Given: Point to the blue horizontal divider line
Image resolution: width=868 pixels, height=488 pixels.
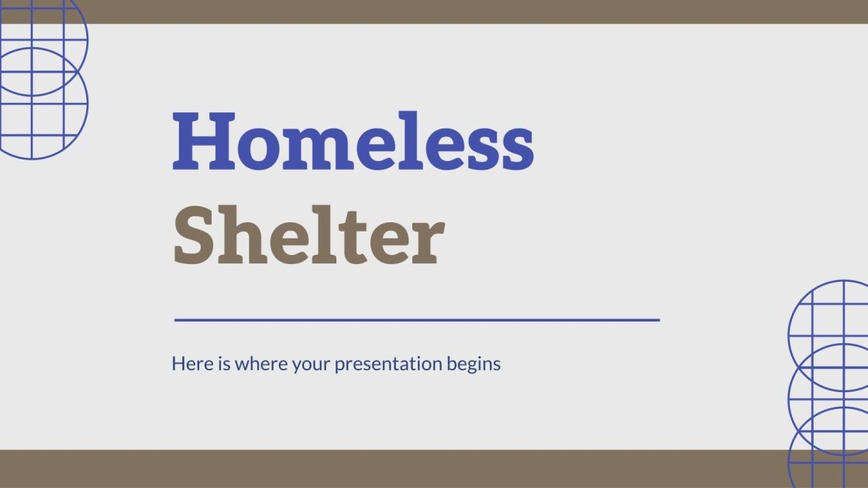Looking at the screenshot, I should (417, 319).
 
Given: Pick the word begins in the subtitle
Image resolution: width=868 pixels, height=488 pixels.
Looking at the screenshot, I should (474, 363).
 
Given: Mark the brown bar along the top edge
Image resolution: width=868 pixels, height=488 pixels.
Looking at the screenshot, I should (434, 12).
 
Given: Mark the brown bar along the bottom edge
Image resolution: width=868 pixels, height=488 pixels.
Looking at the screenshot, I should (434, 469).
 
